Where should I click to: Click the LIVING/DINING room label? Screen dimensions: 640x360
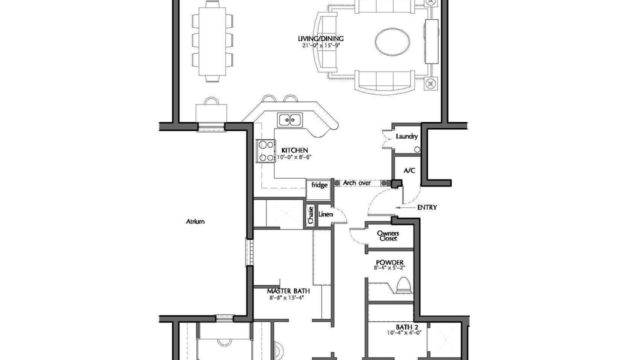(x=321, y=38)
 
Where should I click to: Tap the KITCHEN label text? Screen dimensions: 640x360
(x=294, y=150)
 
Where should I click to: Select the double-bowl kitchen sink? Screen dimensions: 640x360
(x=289, y=120)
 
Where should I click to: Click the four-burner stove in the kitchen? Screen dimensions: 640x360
(x=265, y=151)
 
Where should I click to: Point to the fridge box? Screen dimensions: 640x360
(x=318, y=189)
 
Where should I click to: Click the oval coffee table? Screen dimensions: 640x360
(x=392, y=41)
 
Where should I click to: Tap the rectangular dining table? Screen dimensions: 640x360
(x=212, y=41)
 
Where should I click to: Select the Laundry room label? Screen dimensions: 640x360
(x=406, y=136)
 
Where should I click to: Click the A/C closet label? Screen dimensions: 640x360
(x=409, y=170)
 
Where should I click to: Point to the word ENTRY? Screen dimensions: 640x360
(x=427, y=207)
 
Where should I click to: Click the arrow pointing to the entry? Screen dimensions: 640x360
(x=405, y=207)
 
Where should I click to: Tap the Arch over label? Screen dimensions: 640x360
(x=357, y=182)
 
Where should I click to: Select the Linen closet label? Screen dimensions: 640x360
(x=325, y=214)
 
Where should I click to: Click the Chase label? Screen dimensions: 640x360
(x=310, y=215)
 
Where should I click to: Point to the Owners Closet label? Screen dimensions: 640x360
(x=388, y=236)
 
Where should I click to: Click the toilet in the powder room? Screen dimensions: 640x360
(x=404, y=285)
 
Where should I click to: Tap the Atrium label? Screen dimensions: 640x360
(x=195, y=221)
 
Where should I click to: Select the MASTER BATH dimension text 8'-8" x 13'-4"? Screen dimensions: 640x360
(x=286, y=297)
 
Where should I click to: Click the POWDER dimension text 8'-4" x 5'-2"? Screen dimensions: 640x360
(x=389, y=268)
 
